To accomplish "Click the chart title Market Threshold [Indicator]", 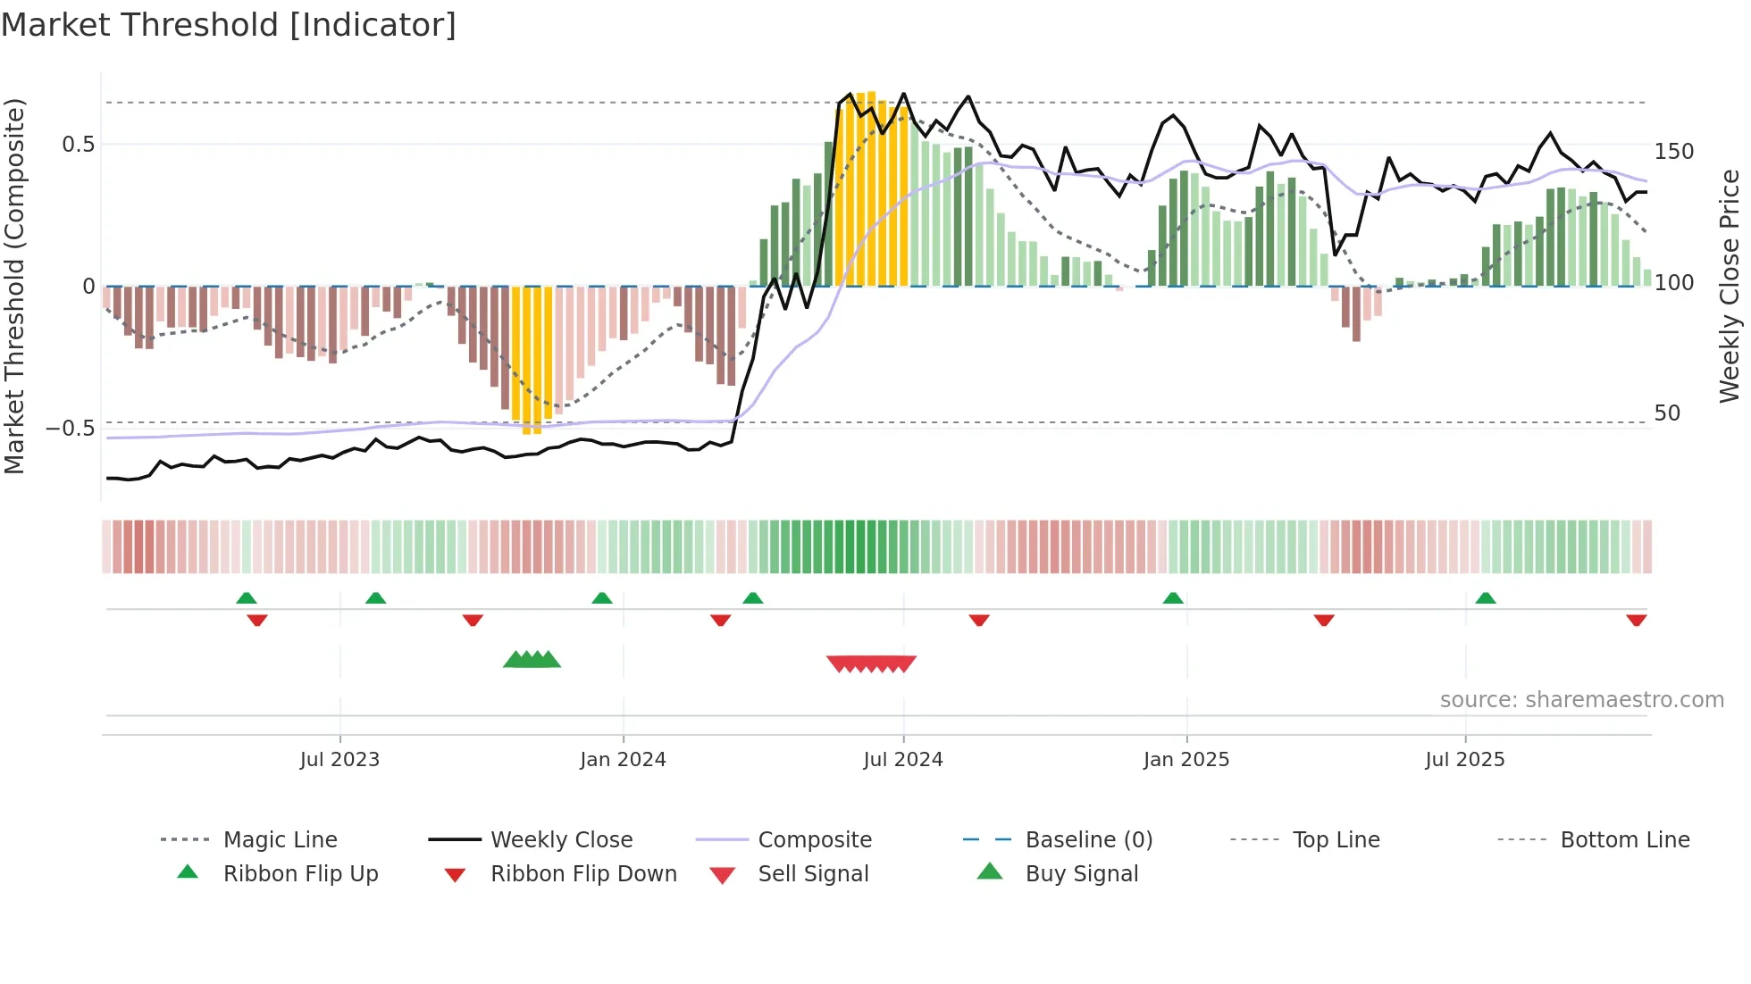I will [229, 25].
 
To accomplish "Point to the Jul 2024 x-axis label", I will [902, 759].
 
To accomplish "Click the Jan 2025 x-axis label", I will [1185, 759].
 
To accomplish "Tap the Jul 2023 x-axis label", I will [339, 759].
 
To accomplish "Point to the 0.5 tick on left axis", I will [78, 144].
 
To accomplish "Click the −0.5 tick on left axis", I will [70, 429].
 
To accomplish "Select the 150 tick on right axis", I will [1673, 152].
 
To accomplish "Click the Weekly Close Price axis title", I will [1730, 286].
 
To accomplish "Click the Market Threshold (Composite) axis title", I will [15, 286].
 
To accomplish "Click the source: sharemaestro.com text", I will [1581, 699].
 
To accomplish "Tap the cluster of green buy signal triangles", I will [532, 660].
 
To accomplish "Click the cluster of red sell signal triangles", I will [871, 663].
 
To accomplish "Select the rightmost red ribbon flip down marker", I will [1636, 620].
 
